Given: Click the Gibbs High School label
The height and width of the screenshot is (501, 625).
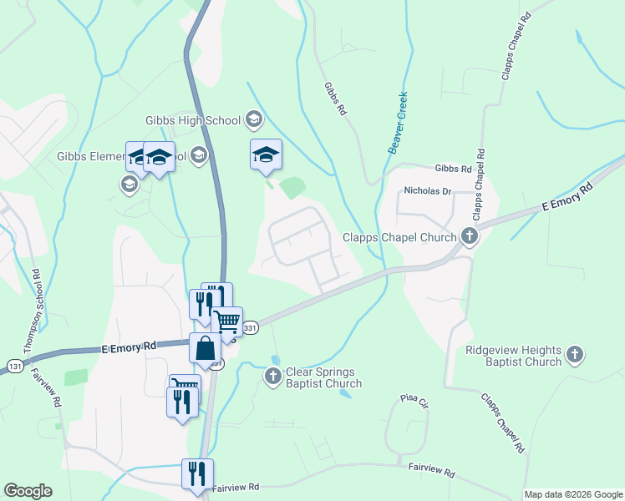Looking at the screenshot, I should tap(191, 120).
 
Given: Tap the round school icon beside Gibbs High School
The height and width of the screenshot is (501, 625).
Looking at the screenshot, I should tap(252, 120).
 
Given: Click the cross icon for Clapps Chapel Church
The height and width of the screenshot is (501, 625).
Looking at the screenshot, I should tap(470, 236).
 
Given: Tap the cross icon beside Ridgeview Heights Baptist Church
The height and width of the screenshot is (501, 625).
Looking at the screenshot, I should tap(574, 356).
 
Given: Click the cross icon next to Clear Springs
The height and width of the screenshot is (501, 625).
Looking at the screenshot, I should tap(272, 377).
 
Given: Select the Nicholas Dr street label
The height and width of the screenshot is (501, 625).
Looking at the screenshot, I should tap(427, 191).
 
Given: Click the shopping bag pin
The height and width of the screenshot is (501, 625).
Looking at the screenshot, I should tap(205, 349).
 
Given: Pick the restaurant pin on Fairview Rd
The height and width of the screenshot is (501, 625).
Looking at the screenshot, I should tap(197, 473).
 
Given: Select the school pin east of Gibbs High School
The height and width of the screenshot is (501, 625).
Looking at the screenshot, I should tap(266, 154).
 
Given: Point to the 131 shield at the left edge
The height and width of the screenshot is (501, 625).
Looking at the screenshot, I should tap(13, 366).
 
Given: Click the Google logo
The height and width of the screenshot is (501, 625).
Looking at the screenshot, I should tap(28, 491).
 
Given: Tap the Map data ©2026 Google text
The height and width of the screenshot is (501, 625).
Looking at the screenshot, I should tap(573, 494).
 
